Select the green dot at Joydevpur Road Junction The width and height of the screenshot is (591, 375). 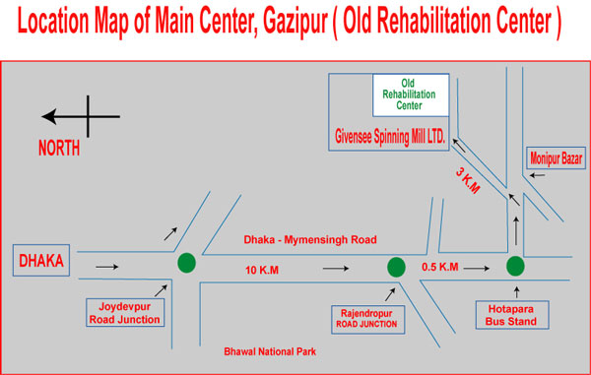pos(186,264)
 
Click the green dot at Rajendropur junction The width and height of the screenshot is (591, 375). pos(396,266)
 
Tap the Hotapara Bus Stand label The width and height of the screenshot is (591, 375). pos(515,314)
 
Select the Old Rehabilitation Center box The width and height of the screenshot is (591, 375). pos(411,93)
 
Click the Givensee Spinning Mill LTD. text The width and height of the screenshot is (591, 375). pos(388,141)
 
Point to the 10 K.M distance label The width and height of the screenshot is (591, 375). pos(265,268)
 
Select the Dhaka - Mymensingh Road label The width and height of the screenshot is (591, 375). pos(310,239)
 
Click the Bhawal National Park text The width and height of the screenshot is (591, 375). pos(269,350)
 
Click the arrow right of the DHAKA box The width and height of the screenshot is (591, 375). pos(107,265)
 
